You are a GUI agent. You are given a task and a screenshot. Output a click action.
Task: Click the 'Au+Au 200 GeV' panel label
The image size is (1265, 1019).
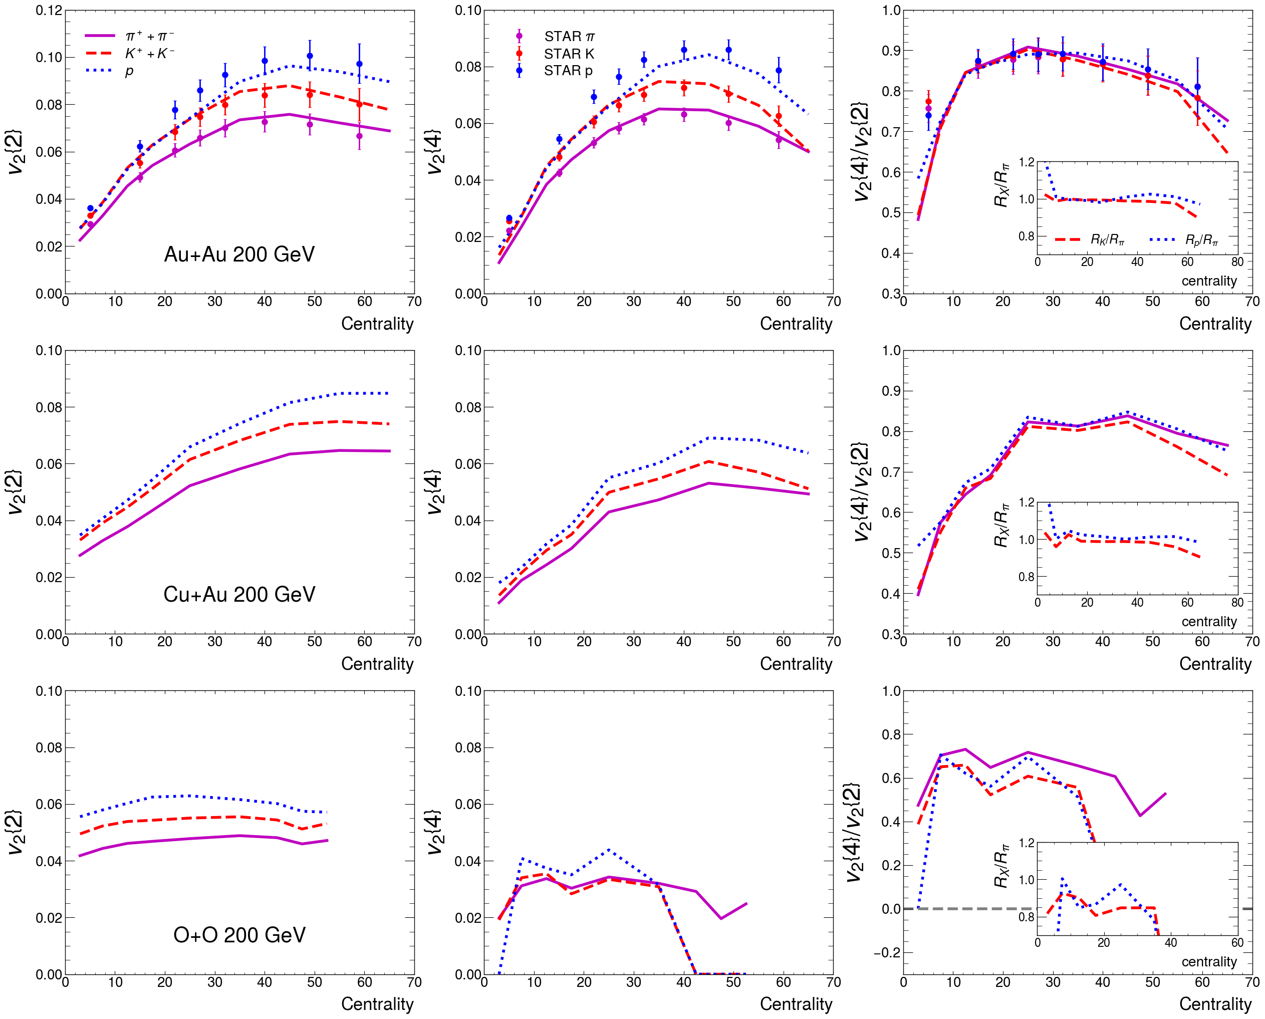click(x=239, y=254)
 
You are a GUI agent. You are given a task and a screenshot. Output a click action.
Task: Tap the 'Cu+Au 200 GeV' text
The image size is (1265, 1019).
click(x=239, y=594)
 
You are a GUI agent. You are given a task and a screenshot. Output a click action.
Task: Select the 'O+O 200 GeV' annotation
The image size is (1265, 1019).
click(x=239, y=934)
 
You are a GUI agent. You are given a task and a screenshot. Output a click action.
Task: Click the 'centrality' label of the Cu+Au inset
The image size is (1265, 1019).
click(x=1209, y=622)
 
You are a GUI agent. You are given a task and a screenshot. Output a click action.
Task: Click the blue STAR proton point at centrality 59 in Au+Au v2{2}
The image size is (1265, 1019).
click(x=359, y=64)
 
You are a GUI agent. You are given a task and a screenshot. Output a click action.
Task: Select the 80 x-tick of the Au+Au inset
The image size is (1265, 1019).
click(x=1237, y=262)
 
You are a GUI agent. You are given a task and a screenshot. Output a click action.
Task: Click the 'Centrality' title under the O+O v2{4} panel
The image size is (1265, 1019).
click(x=796, y=1004)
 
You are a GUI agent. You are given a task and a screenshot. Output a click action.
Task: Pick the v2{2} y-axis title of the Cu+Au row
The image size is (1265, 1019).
click(x=16, y=492)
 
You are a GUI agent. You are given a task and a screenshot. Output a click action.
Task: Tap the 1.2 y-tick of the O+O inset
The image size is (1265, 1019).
click(x=1026, y=843)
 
